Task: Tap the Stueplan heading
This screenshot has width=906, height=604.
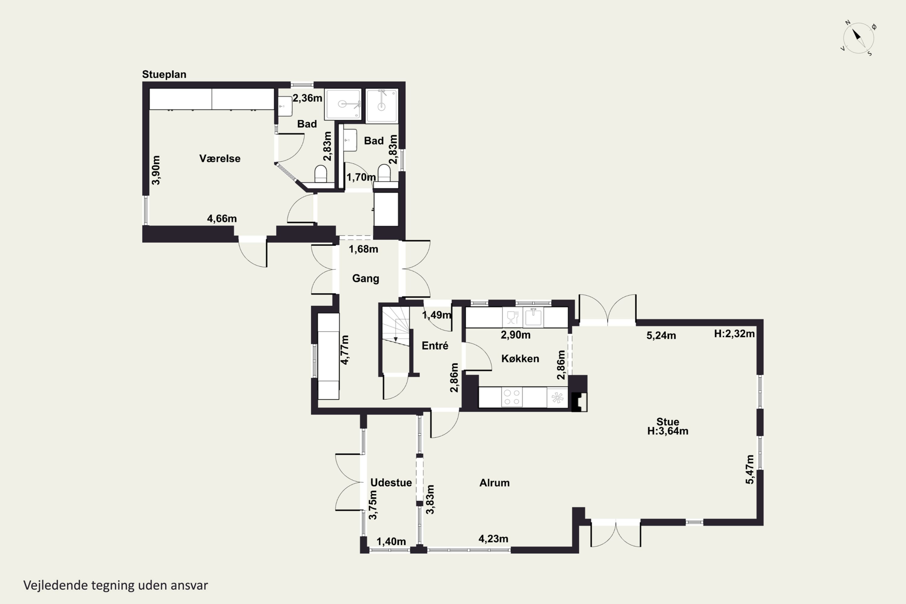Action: tap(164, 74)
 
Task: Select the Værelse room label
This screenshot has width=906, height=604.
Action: tap(220, 158)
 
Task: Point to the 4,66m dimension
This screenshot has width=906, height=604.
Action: tap(222, 218)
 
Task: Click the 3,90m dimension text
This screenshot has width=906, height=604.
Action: tap(156, 170)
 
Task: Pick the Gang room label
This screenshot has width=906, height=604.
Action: tap(365, 278)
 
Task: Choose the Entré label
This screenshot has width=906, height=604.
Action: tap(435, 345)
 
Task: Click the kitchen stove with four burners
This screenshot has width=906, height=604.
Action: tap(512, 397)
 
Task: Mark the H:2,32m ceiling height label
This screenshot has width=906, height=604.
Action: tap(734, 334)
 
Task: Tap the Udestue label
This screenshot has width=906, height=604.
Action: tap(391, 483)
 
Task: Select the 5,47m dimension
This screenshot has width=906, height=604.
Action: tap(750, 469)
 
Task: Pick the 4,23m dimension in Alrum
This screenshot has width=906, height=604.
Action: tap(493, 538)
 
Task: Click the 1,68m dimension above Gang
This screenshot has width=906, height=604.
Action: tap(363, 249)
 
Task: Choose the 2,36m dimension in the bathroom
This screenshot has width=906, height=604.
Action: tap(307, 98)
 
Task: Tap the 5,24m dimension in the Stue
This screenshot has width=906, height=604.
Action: tap(661, 336)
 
